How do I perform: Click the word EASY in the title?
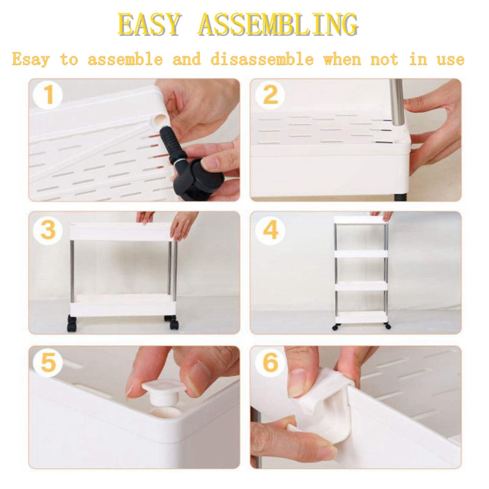pos(149,24)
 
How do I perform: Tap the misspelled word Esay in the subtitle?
pos(31,59)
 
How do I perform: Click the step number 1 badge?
pos(48,94)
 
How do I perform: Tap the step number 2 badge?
pos(270,94)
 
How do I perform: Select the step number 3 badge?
pos(48,230)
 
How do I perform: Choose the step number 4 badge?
pos(270,230)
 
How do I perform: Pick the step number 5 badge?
pos(48,362)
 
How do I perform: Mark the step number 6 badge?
pos(270,362)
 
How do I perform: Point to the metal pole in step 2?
pos(397,102)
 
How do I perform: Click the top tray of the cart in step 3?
pos(120,231)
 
